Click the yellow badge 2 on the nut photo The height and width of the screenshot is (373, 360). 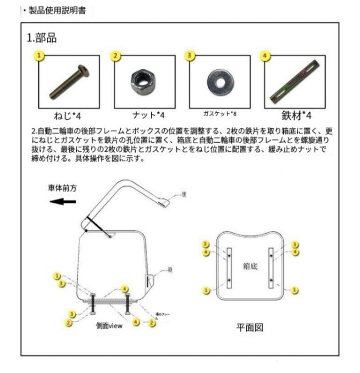coord(116,56)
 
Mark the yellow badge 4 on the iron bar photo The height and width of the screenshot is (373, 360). coord(265,56)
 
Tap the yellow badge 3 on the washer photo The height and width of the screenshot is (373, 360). coord(191,56)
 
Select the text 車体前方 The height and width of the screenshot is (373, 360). coord(62,187)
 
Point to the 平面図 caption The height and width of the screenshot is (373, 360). coord(250,328)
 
